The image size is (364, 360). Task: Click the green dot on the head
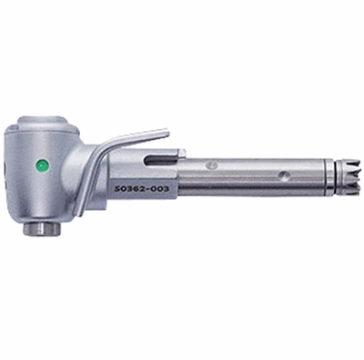click(42, 165)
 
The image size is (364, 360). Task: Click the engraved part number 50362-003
click(141, 189)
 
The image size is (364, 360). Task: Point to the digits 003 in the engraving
click(159, 189)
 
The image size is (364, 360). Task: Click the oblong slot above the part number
click(160, 159)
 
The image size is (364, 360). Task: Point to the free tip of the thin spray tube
click(167, 132)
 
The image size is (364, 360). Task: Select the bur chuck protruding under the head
click(42, 229)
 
